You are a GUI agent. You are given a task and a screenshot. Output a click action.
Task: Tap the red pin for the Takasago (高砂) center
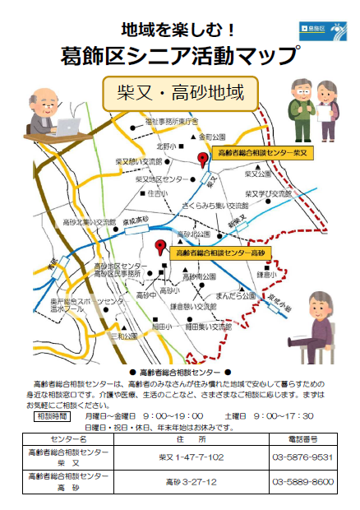tap(160, 245)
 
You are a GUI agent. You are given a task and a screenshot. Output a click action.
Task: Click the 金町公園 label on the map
tap(205, 136)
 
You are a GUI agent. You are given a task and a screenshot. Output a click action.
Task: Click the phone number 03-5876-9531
tap(302, 457)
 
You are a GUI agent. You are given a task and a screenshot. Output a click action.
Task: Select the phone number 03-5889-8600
tap(302, 482)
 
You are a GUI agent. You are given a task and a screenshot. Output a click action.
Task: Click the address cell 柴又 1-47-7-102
tap(191, 457)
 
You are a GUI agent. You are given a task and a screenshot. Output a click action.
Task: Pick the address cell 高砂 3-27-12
tap(191, 482)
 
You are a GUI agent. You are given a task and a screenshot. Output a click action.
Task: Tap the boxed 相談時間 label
tap(51, 416)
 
